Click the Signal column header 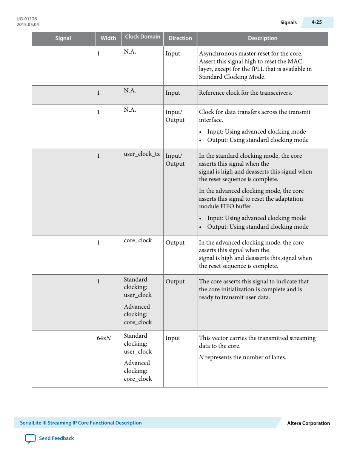(63, 38)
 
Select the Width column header (108, 38)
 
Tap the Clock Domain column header (143, 37)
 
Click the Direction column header (180, 38)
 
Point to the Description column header (263, 38)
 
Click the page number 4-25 (317, 22)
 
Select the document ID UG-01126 (27, 19)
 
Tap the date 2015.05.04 (28, 25)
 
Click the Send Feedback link (56, 438)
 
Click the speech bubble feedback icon (30, 438)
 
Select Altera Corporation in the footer (308, 423)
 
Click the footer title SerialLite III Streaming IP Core (81, 423)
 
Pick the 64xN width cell (104, 338)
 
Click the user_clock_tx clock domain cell (142, 154)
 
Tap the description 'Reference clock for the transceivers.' (245, 93)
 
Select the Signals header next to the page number (288, 22)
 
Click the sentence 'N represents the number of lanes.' (242, 357)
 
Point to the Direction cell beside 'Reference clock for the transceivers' (173, 93)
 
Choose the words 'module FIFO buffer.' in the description (226, 206)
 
